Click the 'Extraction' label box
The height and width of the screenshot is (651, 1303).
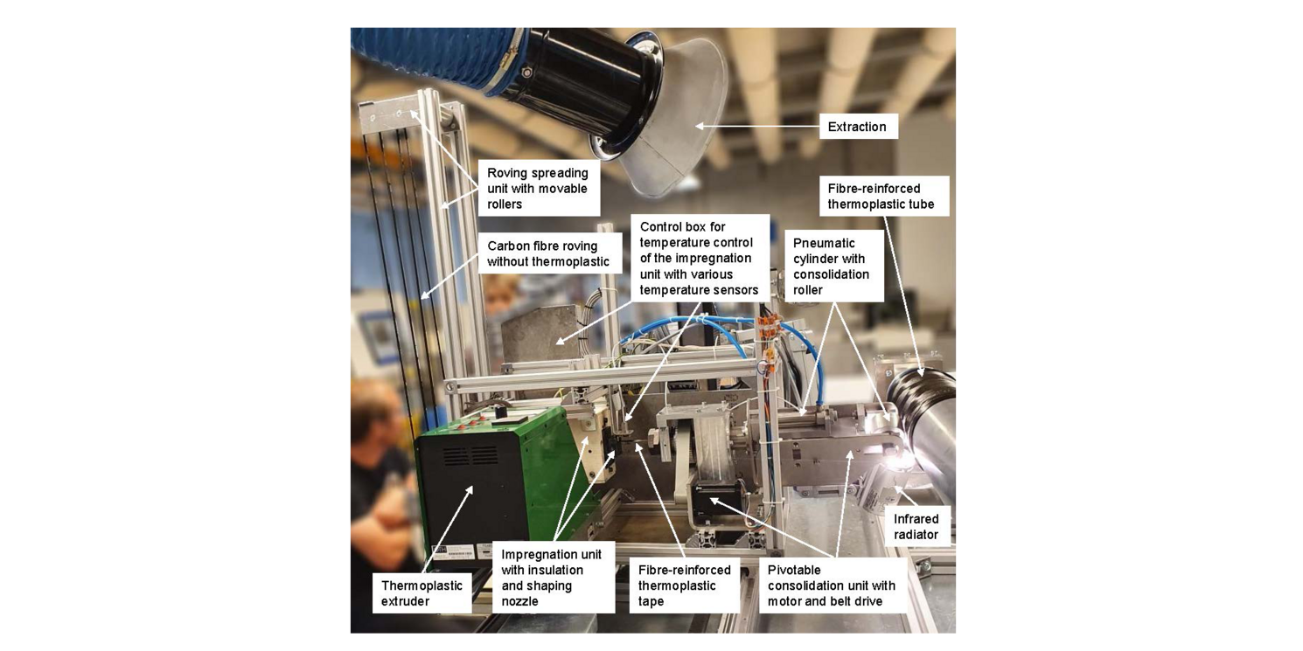point(858,126)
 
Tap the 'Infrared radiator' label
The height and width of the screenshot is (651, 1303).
point(917,527)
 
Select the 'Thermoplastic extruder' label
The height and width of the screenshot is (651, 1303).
point(422,592)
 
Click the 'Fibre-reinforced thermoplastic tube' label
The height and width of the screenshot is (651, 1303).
point(883,196)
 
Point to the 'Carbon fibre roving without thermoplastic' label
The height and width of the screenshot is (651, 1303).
point(549,253)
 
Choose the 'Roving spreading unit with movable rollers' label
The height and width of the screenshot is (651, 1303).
point(539,189)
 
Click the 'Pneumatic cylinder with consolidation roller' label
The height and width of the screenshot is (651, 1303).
point(833,266)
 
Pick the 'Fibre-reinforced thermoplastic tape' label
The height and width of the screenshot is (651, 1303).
point(685,585)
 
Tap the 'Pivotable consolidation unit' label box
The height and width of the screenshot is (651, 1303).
point(833,585)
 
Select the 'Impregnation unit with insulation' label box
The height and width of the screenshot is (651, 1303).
point(554,578)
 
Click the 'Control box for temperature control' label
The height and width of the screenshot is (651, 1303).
point(700,258)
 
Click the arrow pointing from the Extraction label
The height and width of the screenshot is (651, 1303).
point(757,126)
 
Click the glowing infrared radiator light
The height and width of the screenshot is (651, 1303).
point(900,463)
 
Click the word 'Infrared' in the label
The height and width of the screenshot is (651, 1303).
point(916,518)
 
